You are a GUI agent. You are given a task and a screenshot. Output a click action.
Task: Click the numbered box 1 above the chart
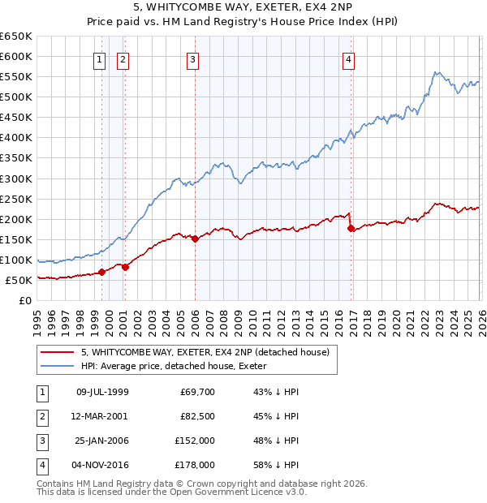click(x=99, y=58)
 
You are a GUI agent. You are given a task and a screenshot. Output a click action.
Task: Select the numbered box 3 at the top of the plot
click(x=192, y=58)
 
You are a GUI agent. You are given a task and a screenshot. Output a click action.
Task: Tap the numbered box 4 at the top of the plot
click(x=347, y=58)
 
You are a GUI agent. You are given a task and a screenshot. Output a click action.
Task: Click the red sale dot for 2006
click(x=196, y=239)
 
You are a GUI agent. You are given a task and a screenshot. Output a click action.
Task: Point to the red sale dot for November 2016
click(x=351, y=228)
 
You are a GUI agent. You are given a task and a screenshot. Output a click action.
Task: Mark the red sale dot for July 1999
click(x=101, y=273)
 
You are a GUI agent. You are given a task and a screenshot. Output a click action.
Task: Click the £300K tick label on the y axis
click(x=15, y=178)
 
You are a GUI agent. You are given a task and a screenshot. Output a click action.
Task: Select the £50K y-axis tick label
click(x=19, y=280)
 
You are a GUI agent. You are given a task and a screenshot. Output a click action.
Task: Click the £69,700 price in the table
click(x=196, y=392)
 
